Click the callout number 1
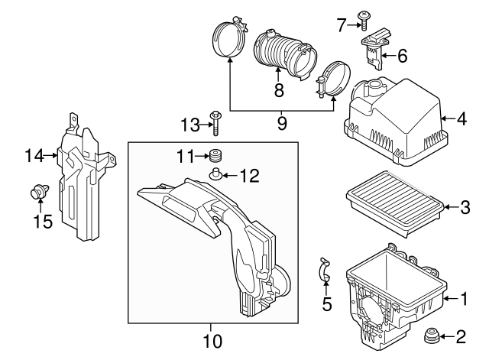click(462, 300)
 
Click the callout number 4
click(462, 119)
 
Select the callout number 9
click(282, 122)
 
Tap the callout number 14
click(30, 156)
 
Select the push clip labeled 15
click(36, 195)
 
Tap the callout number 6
click(402, 54)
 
